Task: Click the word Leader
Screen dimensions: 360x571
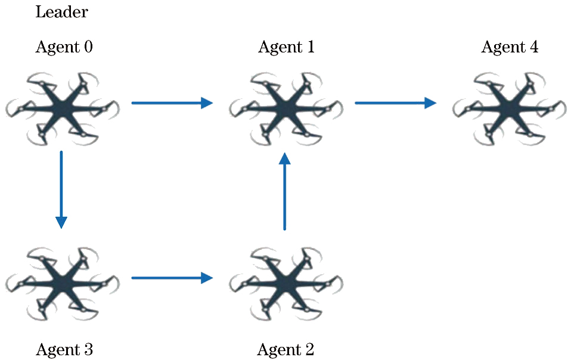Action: [62, 12]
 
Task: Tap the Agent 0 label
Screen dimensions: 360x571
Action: [64, 47]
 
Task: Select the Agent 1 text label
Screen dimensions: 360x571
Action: [286, 47]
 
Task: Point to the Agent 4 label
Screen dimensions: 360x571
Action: [510, 47]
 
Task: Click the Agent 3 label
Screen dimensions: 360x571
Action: [64, 349]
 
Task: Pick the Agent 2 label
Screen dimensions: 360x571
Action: [285, 349]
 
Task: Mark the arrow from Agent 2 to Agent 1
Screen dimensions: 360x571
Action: [285, 191]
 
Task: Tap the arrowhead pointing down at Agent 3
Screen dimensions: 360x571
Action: [61, 222]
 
